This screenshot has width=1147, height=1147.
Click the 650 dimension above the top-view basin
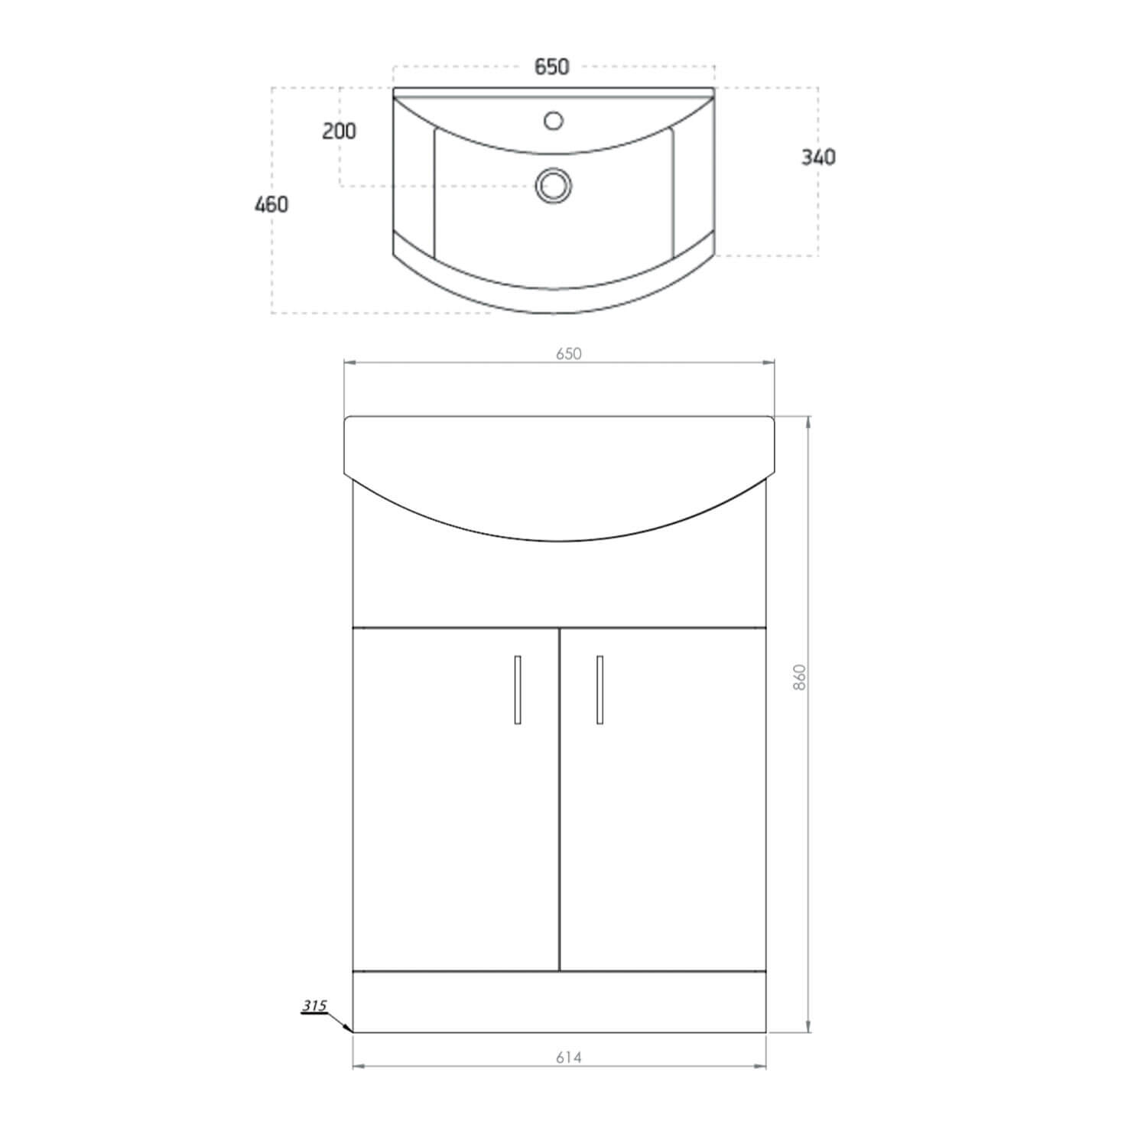pyautogui.click(x=551, y=67)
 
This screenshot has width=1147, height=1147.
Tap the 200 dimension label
pyautogui.click(x=339, y=132)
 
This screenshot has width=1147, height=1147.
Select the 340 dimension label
pyautogui.click(x=818, y=158)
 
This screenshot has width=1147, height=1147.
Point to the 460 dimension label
pyautogui.click(x=271, y=205)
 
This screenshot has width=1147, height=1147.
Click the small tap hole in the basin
pyautogui.click(x=553, y=120)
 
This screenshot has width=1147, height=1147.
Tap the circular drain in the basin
pyautogui.click(x=553, y=185)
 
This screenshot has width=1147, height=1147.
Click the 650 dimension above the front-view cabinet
pyautogui.click(x=569, y=353)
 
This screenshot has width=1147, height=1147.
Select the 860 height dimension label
pyautogui.click(x=800, y=677)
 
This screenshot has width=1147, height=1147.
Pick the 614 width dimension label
pyautogui.click(x=568, y=1058)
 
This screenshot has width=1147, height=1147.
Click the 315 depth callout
pyautogui.click(x=314, y=1006)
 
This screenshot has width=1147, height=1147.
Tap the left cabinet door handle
pyautogui.click(x=518, y=689)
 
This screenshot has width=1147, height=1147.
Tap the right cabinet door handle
pyautogui.click(x=599, y=689)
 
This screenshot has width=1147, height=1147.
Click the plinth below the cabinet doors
pyautogui.click(x=559, y=1002)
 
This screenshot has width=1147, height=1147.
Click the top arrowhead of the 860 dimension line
pyautogui.click(x=808, y=421)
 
